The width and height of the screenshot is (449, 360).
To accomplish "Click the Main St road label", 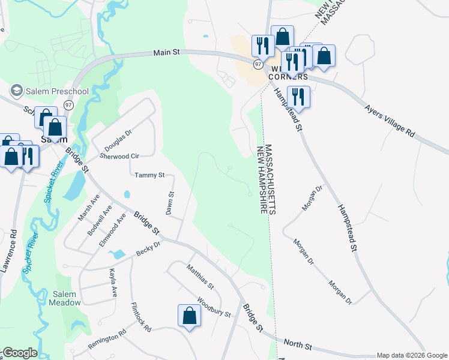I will (x=167, y=53).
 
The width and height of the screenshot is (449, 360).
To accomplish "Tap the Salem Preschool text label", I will (x=58, y=91).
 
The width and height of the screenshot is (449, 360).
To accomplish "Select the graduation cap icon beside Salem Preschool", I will (x=17, y=91).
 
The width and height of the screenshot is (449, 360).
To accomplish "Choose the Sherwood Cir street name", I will (x=119, y=156).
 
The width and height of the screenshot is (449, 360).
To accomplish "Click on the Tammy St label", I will (x=149, y=175).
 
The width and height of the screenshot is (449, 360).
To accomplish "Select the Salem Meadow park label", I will (x=66, y=298).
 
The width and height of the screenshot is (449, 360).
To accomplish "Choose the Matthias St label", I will (x=200, y=276).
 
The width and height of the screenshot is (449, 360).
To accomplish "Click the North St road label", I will (x=298, y=346).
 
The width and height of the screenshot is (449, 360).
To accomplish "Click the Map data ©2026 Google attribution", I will (x=411, y=355).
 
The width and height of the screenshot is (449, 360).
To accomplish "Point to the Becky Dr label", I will (x=148, y=249).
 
